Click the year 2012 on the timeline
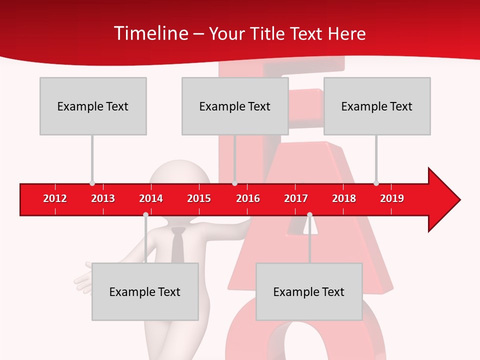[55, 198]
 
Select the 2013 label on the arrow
[103, 198]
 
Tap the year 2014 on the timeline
[151, 198]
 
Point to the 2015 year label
[199, 198]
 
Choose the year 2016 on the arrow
[248, 198]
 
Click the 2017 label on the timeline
[296, 198]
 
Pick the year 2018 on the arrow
[344, 198]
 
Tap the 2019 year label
[392, 198]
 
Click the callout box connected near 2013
[93, 106]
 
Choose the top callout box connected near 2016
[235, 106]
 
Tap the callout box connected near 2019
[377, 106]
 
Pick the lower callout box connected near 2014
[145, 291]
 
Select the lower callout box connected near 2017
[309, 291]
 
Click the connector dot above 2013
[92, 183]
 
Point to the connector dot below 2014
[145, 214]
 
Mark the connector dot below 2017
[309, 214]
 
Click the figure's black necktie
[178, 245]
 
